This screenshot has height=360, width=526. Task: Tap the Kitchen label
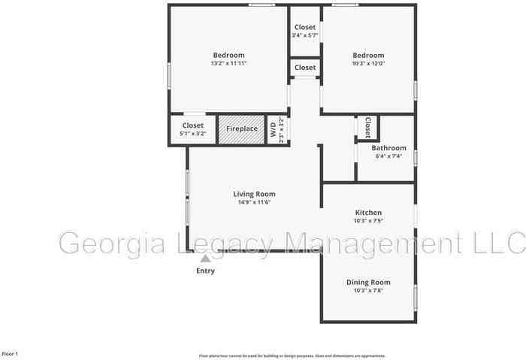pyautogui.click(x=368, y=213)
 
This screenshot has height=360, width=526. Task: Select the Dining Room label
pyautogui.click(x=368, y=282)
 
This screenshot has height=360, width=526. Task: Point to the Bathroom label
pyautogui.click(x=388, y=148)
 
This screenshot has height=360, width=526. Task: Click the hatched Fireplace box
pyautogui.click(x=242, y=129)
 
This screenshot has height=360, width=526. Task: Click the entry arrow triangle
pyautogui.click(x=205, y=258)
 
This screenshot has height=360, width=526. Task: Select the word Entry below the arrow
pyautogui.click(x=205, y=271)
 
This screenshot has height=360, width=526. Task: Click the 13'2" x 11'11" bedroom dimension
pyautogui.click(x=228, y=64)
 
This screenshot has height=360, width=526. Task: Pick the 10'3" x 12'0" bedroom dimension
pyautogui.click(x=368, y=64)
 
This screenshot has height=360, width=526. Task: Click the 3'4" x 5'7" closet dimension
pyautogui.click(x=305, y=35)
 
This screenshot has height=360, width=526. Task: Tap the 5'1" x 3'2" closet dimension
pyautogui.click(x=192, y=133)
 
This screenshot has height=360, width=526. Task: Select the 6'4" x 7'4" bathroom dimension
pyautogui.click(x=388, y=156)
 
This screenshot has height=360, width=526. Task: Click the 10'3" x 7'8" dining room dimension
pyautogui.click(x=368, y=290)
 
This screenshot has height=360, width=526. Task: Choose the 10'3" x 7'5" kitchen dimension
pyautogui.click(x=368, y=221)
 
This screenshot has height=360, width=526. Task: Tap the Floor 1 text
pyautogui.click(x=10, y=353)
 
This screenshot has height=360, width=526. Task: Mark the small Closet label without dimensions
pyautogui.click(x=305, y=68)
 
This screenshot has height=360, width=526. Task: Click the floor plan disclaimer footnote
pyautogui.click(x=292, y=355)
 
